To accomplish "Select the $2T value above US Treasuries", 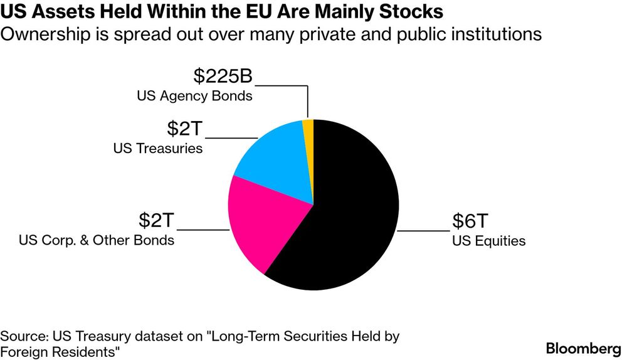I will point(185,129).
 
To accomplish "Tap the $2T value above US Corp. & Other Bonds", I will point(157,221).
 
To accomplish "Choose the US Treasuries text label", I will point(158,149).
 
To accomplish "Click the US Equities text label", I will point(489,241).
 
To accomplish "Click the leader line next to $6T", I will point(424,231).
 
